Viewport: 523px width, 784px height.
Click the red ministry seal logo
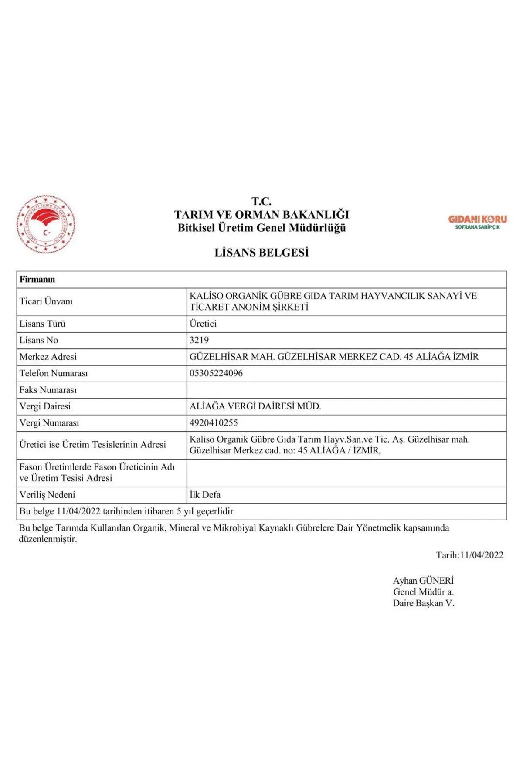pyautogui.click(x=46, y=225)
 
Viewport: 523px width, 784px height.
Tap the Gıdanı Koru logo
pyautogui.click(x=477, y=222)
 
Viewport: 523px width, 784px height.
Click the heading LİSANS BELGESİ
pyautogui.click(x=261, y=253)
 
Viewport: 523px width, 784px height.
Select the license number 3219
pyautogui.click(x=199, y=340)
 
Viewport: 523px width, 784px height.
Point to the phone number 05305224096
pyautogui.click(x=216, y=373)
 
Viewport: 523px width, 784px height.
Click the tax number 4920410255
pyautogui.click(x=214, y=423)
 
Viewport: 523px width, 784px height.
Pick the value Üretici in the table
pyautogui.click(x=203, y=324)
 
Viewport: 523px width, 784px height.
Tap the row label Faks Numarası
pyautogui.click(x=48, y=390)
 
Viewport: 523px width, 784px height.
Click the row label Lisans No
pyautogui.click(x=39, y=340)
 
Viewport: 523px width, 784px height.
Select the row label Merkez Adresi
pyautogui.click(x=48, y=357)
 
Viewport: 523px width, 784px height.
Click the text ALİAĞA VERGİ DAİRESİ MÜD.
pyautogui.click(x=255, y=406)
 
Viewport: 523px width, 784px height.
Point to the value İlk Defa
pyautogui.click(x=205, y=495)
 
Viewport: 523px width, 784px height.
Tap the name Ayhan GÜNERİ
pyautogui.click(x=423, y=581)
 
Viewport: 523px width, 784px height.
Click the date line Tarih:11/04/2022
pyautogui.click(x=469, y=555)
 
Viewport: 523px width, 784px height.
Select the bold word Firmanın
pyautogui.click(x=37, y=280)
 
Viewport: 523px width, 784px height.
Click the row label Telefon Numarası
pyautogui.click(x=54, y=373)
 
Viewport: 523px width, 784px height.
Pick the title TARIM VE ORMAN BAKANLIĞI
pyautogui.click(x=261, y=215)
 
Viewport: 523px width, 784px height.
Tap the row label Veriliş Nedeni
pyautogui.click(x=47, y=495)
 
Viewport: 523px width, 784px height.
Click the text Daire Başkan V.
pyautogui.click(x=423, y=603)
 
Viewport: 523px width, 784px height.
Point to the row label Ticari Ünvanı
pyautogui.click(x=46, y=301)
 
